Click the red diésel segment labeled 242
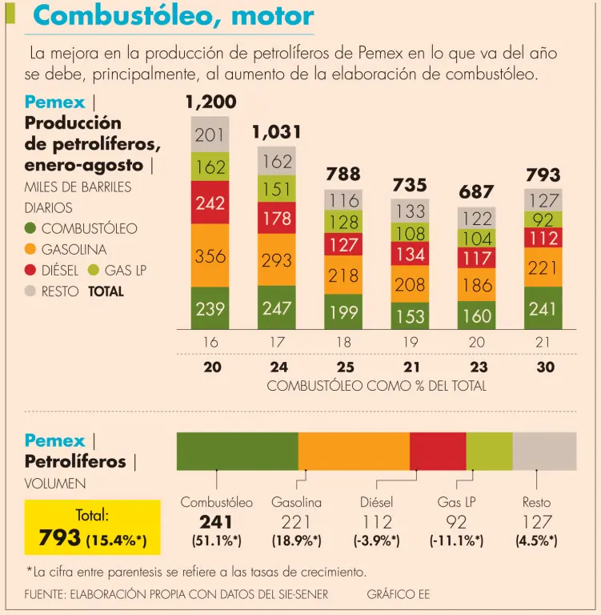click(210, 203)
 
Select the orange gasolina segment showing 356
click(210, 256)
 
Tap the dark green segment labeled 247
click(276, 308)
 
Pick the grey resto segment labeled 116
click(343, 200)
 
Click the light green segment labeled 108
click(411, 233)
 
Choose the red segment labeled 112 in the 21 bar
click(543, 237)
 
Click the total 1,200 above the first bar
click(210, 102)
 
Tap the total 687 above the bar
click(477, 193)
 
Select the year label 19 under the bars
click(410, 343)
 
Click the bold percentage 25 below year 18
click(343, 368)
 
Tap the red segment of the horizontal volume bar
click(437, 451)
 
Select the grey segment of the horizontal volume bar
click(544, 451)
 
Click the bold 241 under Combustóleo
click(216, 522)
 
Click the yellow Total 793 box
click(92, 528)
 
